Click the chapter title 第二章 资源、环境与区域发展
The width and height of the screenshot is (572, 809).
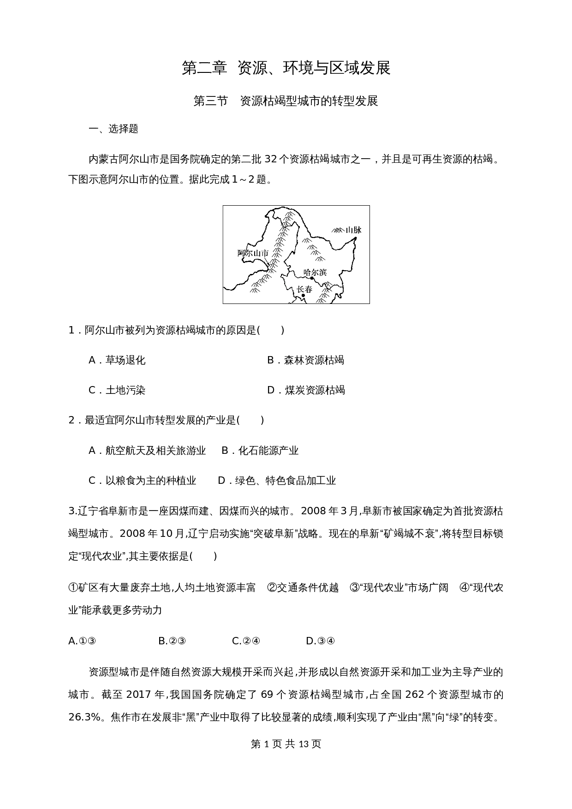coord(286,68)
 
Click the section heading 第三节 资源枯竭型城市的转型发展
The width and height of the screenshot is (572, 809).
coord(286,101)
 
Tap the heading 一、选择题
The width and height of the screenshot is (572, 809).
coord(113,129)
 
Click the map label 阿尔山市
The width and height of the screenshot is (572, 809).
coord(253,253)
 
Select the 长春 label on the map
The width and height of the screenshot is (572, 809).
coord(304,289)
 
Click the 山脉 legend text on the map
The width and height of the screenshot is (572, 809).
coord(354,230)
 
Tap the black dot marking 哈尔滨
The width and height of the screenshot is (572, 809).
coord(312,279)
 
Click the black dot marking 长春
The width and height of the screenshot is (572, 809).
coord(303,295)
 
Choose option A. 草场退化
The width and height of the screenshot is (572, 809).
coord(117,360)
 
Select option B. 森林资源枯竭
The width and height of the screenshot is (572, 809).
coord(305,360)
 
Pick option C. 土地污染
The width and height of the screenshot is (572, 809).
coord(117,390)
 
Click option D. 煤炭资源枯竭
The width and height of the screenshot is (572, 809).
coord(306,390)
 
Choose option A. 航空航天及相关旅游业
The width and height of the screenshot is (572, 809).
coord(147,451)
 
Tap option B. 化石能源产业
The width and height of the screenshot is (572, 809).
coord(260,451)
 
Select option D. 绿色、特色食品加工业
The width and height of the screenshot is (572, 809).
coord(277,481)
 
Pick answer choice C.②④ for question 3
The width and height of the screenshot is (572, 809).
coord(246,641)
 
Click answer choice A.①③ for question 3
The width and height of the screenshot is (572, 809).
coord(82,641)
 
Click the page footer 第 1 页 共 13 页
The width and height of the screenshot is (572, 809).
coord(286,744)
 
